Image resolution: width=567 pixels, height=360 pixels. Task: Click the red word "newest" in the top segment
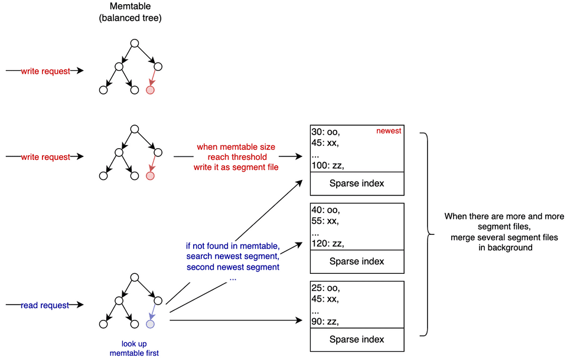(x=389, y=131)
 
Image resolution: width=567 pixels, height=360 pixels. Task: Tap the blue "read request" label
(x=45, y=306)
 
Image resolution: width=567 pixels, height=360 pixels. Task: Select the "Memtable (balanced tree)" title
(x=130, y=12)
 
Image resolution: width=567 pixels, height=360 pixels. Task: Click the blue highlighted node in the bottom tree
(x=150, y=324)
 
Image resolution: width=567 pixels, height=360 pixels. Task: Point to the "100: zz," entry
(x=328, y=166)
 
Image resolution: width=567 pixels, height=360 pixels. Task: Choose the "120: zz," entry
(x=328, y=244)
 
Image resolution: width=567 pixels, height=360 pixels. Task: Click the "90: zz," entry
(x=325, y=321)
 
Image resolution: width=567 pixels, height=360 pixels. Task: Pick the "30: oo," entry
(x=325, y=132)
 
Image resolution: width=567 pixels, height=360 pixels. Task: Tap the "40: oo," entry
(x=325, y=210)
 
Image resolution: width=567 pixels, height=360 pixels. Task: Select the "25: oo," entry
(x=325, y=288)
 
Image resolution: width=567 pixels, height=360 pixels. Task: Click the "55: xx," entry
(x=325, y=221)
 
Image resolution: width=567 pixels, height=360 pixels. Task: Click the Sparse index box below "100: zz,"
(x=357, y=184)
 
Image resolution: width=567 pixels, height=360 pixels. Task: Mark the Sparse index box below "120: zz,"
(x=357, y=261)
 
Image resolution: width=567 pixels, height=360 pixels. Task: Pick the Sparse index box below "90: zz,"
(x=357, y=340)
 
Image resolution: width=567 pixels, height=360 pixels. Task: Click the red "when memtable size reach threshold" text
(x=236, y=152)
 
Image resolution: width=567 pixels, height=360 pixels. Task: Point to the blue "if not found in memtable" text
(x=233, y=246)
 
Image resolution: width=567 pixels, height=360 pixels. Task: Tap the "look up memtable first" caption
(x=134, y=348)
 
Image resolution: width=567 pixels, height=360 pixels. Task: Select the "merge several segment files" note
(x=504, y=237)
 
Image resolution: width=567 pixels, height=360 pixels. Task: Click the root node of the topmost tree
(x=135, y=43)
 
